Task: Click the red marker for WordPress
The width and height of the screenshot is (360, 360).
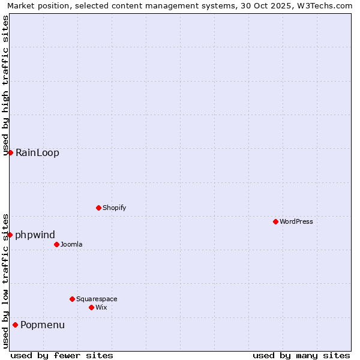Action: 275,221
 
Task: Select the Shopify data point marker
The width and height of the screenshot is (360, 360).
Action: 98,208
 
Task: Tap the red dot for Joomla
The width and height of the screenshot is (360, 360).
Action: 56,244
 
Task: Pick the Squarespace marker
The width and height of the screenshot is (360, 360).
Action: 72,299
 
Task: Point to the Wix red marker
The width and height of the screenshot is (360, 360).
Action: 91,307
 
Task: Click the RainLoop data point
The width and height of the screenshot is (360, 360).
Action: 10,152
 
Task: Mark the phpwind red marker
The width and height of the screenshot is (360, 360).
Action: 10,235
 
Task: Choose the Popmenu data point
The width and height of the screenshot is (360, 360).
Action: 15,325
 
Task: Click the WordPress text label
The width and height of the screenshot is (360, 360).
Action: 296,221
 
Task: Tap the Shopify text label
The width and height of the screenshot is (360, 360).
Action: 114,208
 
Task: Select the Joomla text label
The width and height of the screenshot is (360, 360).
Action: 71,244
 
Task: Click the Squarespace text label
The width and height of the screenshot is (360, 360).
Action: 97,299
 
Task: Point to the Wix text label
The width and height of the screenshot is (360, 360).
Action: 101,307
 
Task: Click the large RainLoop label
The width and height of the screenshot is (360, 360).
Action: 37,152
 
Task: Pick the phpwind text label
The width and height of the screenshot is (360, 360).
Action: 35,235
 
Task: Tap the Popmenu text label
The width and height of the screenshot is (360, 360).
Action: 43,325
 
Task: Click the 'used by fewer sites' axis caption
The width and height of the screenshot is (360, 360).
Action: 62,355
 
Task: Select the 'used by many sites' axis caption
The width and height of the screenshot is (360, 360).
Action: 301,355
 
